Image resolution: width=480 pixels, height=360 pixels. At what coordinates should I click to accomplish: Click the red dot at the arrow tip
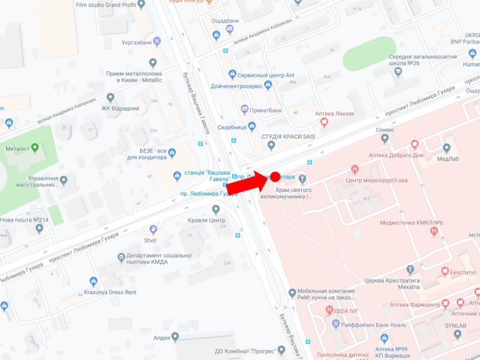[275, 176]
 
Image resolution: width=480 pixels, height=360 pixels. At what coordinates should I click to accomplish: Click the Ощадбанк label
[226, 20]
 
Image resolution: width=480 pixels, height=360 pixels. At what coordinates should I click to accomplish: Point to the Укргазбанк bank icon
[157, 41]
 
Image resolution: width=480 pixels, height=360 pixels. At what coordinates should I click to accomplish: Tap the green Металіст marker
[35, 148]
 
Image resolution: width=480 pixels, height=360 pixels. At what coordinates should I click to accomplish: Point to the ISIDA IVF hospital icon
[329, 310]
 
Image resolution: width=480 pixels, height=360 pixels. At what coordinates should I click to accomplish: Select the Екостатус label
[463, 272]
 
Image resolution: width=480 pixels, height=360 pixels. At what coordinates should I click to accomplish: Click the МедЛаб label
[448, 158]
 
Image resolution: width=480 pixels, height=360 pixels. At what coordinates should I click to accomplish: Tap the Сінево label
[385, 129]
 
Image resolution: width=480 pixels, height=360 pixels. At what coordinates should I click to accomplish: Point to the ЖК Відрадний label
[120, 109]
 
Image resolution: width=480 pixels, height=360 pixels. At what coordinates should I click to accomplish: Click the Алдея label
[162, 338]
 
